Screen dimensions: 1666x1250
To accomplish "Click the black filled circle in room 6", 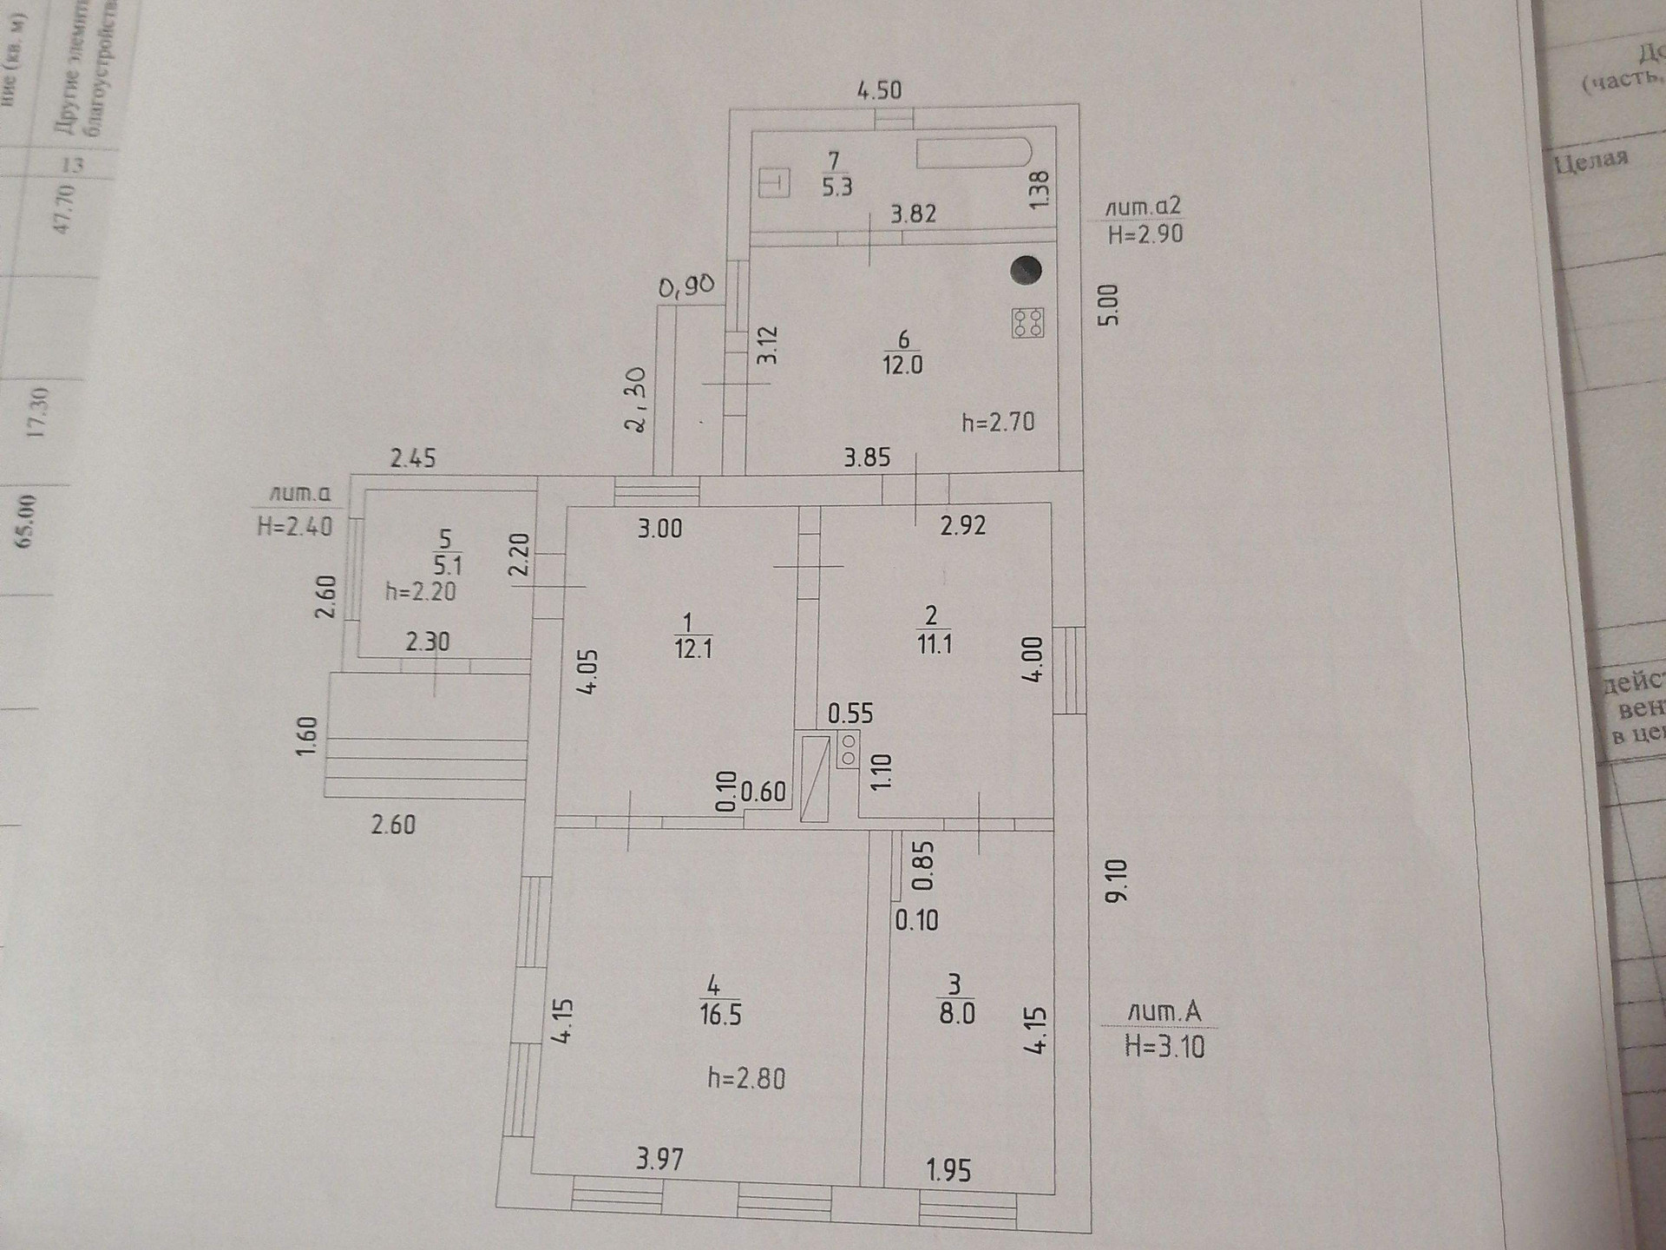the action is click(x=1026, y=269).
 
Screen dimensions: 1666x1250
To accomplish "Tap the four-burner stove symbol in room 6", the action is click(x=1027, y=323).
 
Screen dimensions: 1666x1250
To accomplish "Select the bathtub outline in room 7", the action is click(x=974, y=154).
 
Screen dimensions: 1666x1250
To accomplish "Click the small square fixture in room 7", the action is click(x=774, y=183).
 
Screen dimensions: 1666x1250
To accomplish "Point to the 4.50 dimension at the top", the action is click(x=879, y=90).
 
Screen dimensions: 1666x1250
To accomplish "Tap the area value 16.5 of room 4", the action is click(x=720, y=1015).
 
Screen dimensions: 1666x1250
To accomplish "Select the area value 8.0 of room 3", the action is click(x=956, y=1013).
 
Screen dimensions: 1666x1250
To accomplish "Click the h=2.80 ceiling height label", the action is click(x=746, y=1079).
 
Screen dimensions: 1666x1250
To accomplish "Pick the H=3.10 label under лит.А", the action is click(x=1164, y=1047).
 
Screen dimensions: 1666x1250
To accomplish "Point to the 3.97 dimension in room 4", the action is click(x=659, y=1159).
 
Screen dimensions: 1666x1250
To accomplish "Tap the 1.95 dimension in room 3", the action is click(x=948, y=1171).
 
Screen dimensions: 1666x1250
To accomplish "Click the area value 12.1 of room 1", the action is click(x=693, y=648).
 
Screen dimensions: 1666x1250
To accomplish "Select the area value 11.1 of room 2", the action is click(x=934, y=644).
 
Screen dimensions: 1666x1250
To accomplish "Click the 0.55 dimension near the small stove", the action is click(x=850, y=714).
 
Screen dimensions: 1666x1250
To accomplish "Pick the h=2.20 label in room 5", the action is click(x=421, y=592).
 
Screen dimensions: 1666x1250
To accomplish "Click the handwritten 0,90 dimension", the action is click(x=685, y=286).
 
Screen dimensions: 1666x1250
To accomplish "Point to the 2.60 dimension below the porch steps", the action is click(x=393, y=824).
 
